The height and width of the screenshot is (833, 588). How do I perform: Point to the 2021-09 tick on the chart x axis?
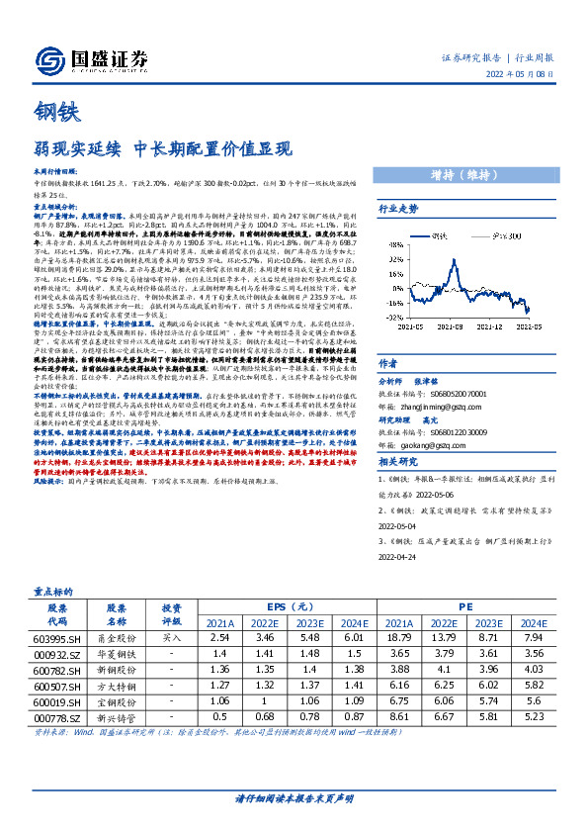pos(448,324)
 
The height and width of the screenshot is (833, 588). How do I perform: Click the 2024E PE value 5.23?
pos(534,744)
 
